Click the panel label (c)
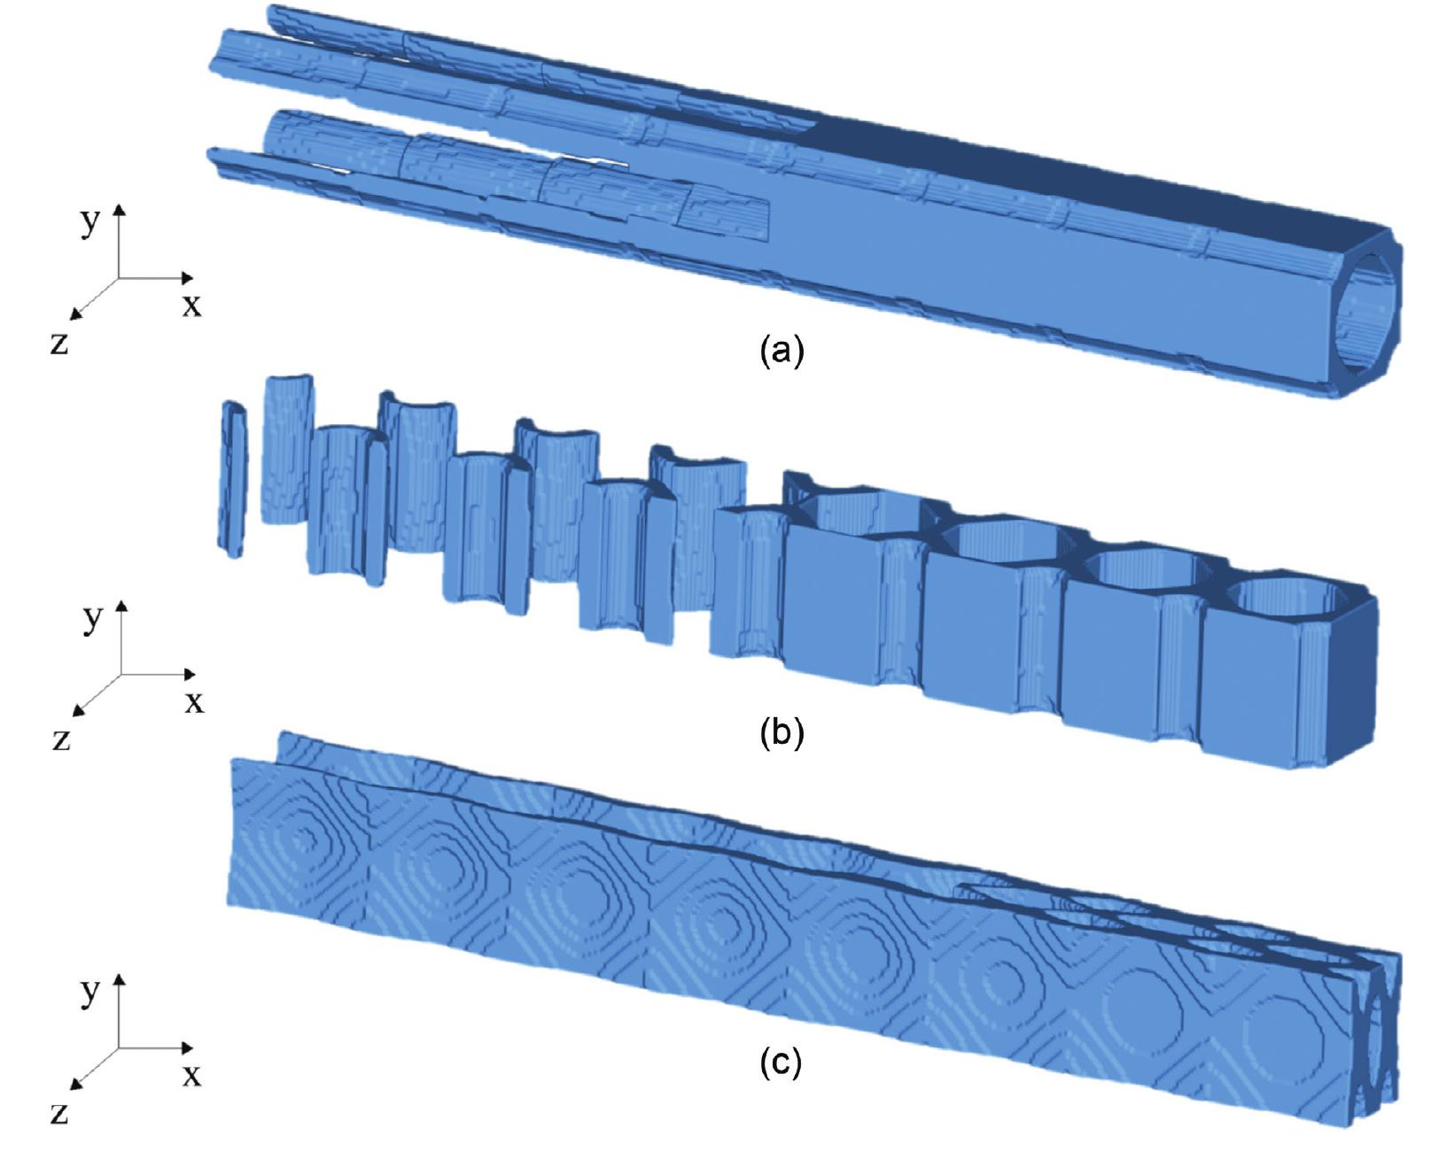click(x=782, y=1063)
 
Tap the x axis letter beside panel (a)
click(x=191, y=305)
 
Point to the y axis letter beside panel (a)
click(x=89, y=222)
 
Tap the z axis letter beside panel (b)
click(x=61, y=739)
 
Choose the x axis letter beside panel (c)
click(x=191, y=1074)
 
